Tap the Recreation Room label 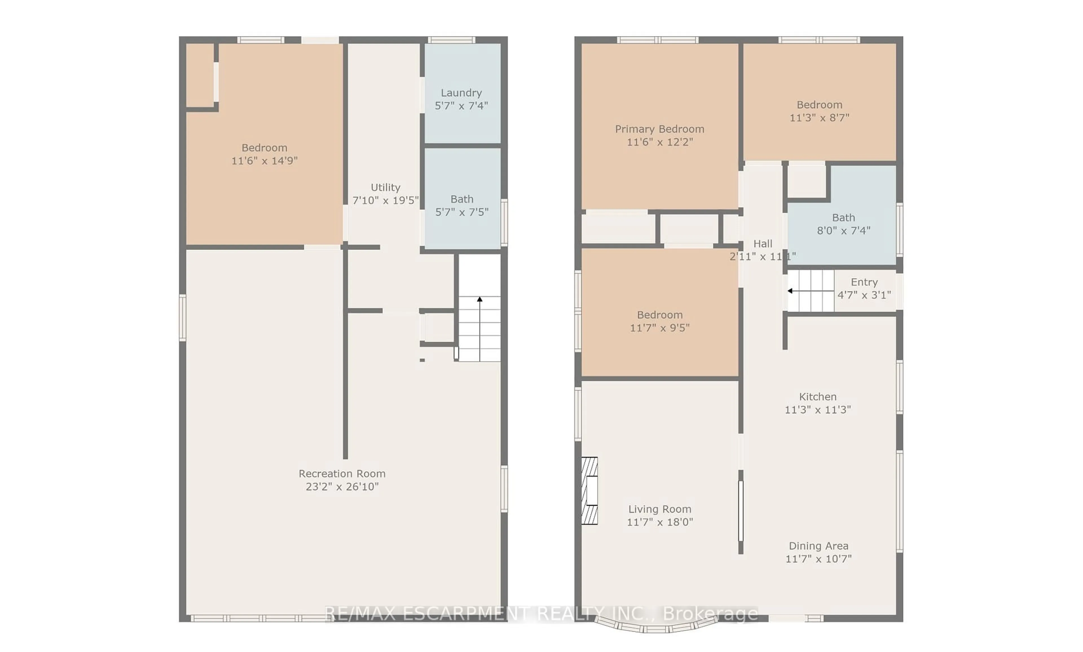click(342, 474)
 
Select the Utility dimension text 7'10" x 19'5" click(386, 200)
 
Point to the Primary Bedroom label click(659, 129)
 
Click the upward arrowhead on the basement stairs click(480, 299)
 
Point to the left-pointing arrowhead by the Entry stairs click(790, 291)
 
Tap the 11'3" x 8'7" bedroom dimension click(819, 118)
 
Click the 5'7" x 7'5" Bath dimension click(461, 212)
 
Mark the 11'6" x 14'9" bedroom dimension click(264, 161)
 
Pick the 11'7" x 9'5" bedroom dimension click(659, 328)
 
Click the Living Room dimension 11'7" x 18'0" click(659, 522)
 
